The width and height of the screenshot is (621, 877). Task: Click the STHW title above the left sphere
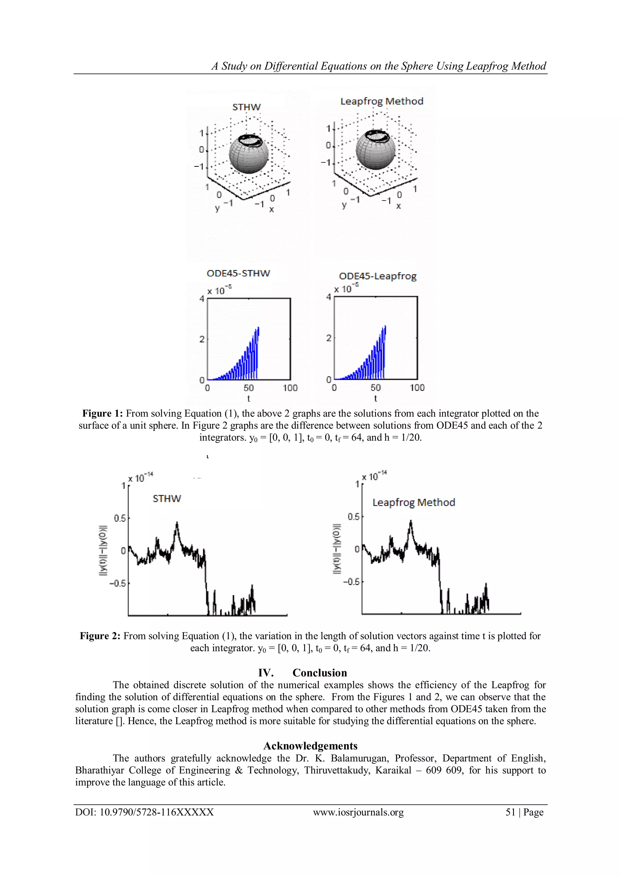pyautogui.click(x=246, y=107)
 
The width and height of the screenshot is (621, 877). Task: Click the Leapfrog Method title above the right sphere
pyautogui.click(x=382, y=101)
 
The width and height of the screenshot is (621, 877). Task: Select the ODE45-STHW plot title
pyautogui.click(x=238, y=273)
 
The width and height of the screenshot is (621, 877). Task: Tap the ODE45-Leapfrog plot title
pyautogui.click(x=378, y=276)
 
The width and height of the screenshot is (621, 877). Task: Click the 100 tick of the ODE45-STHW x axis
pyautogui.click(x=290, y=388)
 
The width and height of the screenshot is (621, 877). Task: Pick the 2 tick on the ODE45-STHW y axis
pyautogui.click(x=202, y=339)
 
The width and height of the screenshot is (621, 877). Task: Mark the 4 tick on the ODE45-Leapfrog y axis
pyautogui.click(x=328, y=297)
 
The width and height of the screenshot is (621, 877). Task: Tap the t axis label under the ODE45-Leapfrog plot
pyautogui.click(x=375, y=399)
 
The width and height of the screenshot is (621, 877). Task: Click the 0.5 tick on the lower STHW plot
pyautogui.click(x=120, y=518)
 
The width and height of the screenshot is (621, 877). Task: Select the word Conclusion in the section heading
pyautogui.click(x=320, y=673)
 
